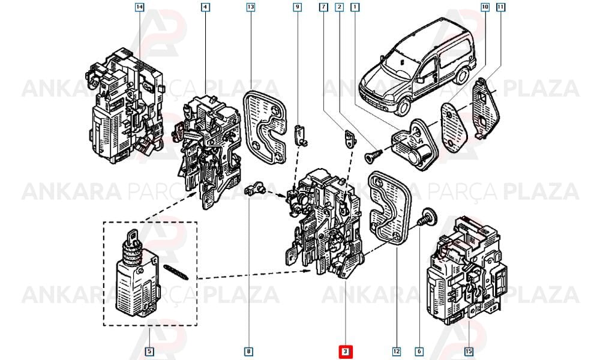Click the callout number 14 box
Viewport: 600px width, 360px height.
coord(140,7)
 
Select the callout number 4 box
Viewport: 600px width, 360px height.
coord(206,7)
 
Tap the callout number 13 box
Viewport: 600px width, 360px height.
coord(251,7)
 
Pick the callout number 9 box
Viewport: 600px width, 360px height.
coord(298,7)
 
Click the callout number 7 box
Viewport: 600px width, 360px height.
coord(324,7)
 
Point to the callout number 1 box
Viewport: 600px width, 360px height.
coord(355,7)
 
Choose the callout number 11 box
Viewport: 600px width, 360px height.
coord(500,7)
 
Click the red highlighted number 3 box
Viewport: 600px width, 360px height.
coord(345,351)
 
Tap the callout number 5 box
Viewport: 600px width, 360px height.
coord(149,351)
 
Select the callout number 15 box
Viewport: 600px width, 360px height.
coord(469,351)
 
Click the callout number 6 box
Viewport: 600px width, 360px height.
coord(419,351)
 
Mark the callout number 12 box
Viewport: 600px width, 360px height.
coord(397,351)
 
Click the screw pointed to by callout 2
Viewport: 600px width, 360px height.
coord(373,155)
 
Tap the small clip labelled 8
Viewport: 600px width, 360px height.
coord(254,188)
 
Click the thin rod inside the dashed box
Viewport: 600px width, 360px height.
coord(175,271)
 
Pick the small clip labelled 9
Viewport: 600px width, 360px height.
coord(301,134)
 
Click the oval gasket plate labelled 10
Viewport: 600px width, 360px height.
coord(455,125)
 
